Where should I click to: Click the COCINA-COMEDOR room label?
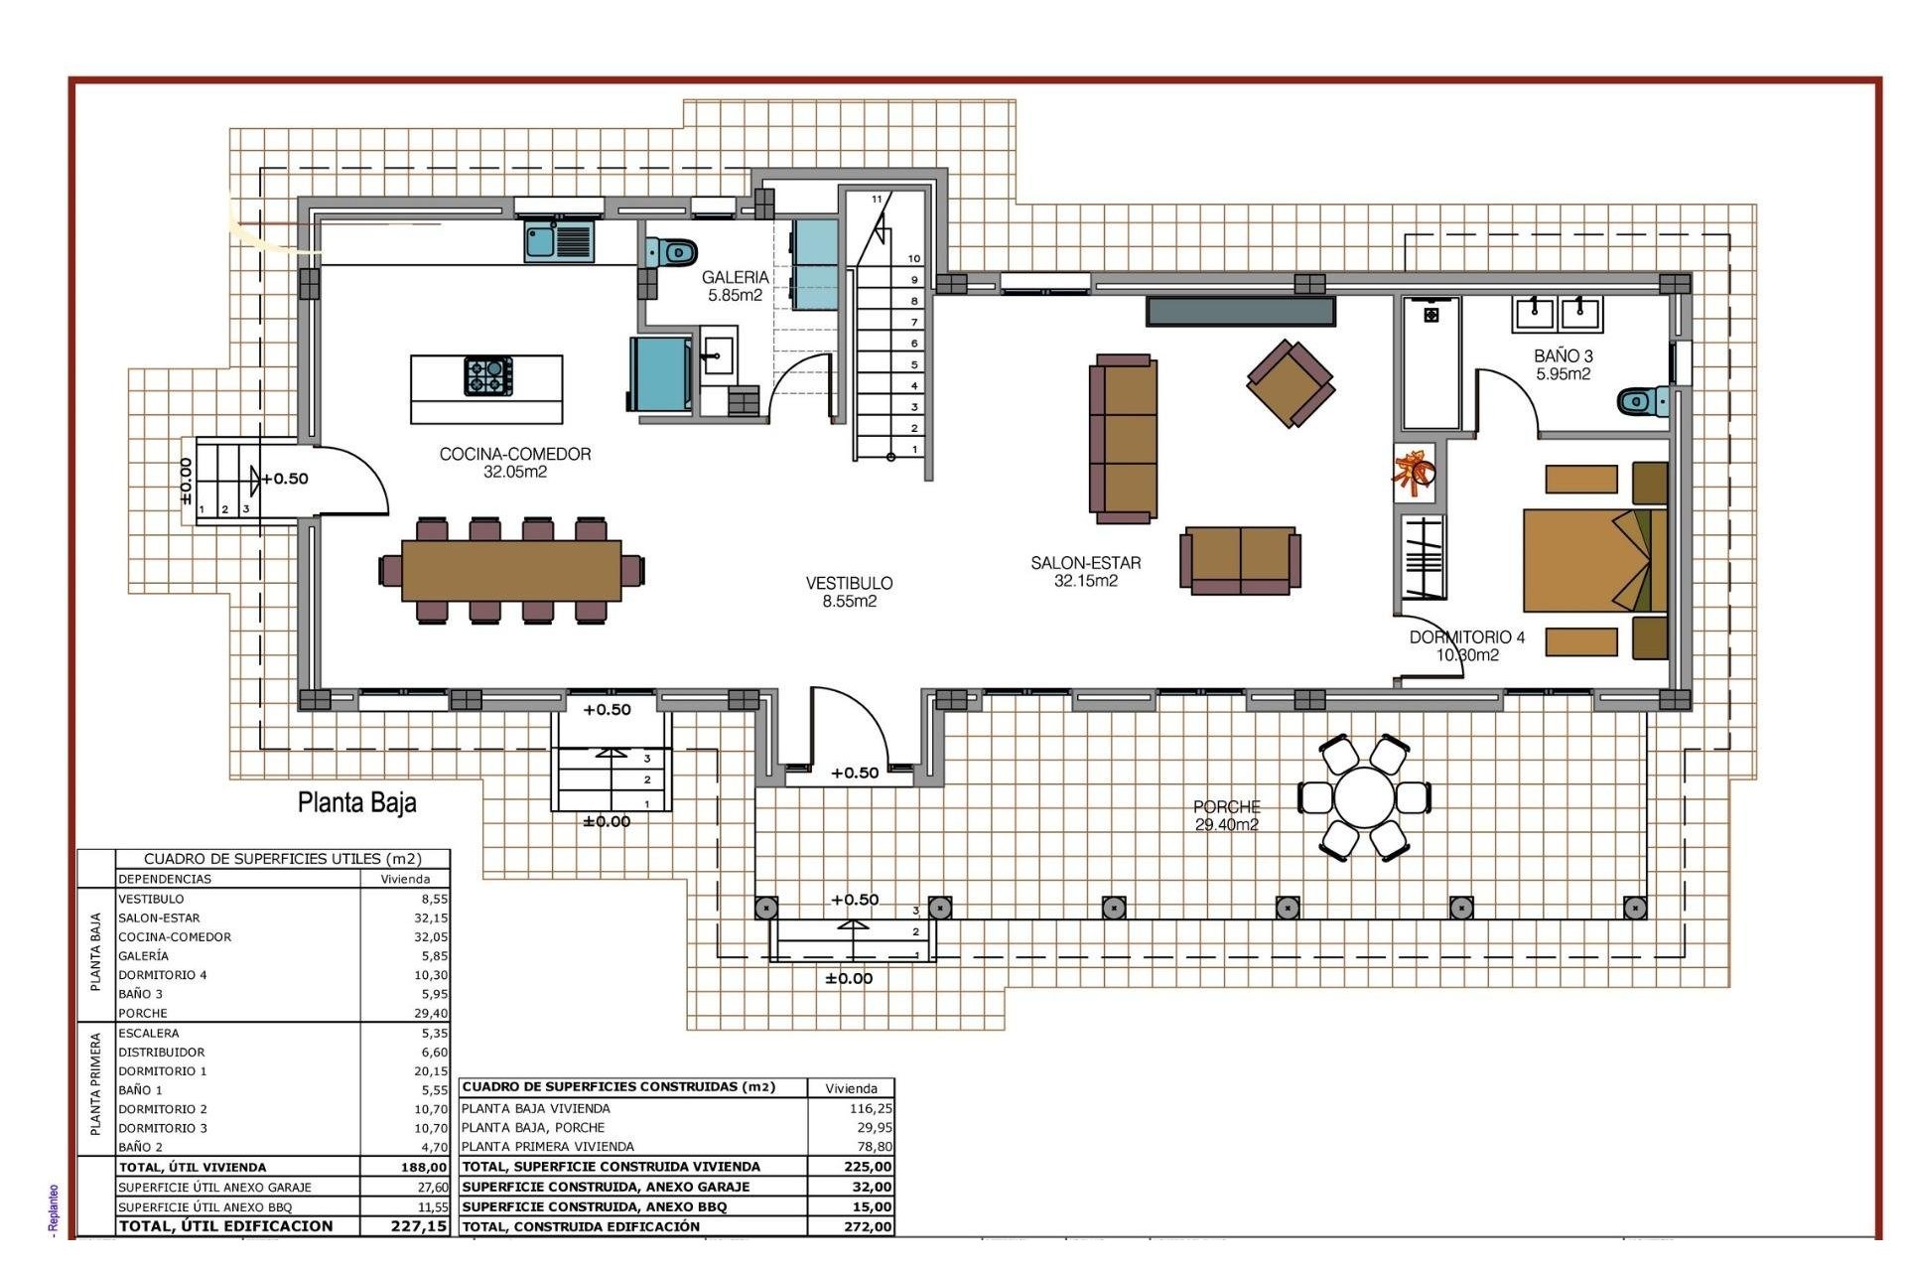coord(514,462)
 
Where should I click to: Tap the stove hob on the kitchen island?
coord(488,376)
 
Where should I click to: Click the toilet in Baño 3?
coord(1643,401)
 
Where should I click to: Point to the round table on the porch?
coord(1365,797)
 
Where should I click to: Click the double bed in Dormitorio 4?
coord(1593,560)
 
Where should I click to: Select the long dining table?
coord(511,570)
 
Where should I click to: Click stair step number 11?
coord(877,200)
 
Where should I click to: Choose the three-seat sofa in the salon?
coord(1124,438)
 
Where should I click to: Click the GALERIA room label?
coord(735,286)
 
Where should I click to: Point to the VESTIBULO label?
coord(849,592)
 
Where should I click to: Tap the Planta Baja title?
coord(356,802)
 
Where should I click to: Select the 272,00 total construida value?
coord(868,1226)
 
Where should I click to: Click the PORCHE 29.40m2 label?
coord(1227,815)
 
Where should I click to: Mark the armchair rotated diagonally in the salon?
coord(1290,383)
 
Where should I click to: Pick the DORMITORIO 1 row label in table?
coord(163,1071)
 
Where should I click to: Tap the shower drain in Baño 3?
coord(1430,315)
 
